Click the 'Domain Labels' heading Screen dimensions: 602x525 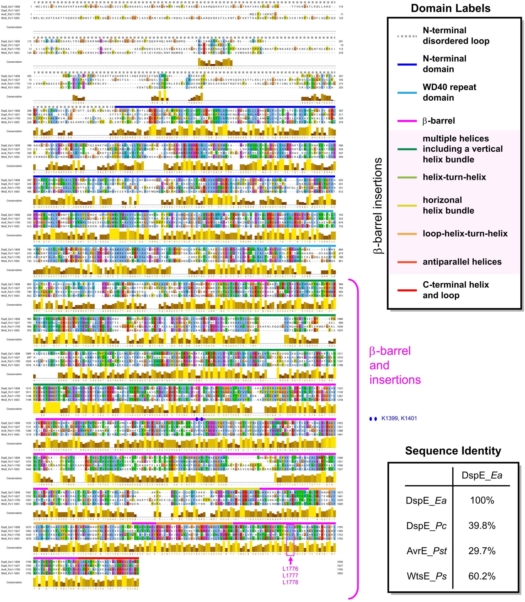(x=450, y=8)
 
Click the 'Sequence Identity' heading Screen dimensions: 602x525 (x=453, y=451)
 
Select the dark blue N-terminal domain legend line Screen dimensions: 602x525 (x=407, y=64)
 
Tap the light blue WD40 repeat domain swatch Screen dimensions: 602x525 (x=407, y=93)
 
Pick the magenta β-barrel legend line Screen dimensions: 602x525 (x=407, y=121)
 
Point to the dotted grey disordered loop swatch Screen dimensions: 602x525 (x=407, y=36)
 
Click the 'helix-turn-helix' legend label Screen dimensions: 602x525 (x=454, y=177)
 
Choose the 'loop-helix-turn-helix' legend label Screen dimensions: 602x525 (x=465, y=234)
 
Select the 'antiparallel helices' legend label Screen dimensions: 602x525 (x=462, y=262)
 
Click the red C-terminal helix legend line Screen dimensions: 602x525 (x=407, y=290)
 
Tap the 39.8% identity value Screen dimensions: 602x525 (x=482, y=526)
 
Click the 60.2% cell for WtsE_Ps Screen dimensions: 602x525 (x=482, y=576)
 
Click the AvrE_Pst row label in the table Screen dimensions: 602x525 (x=427, y=551)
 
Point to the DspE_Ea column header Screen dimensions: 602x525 (x=482, y=475)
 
